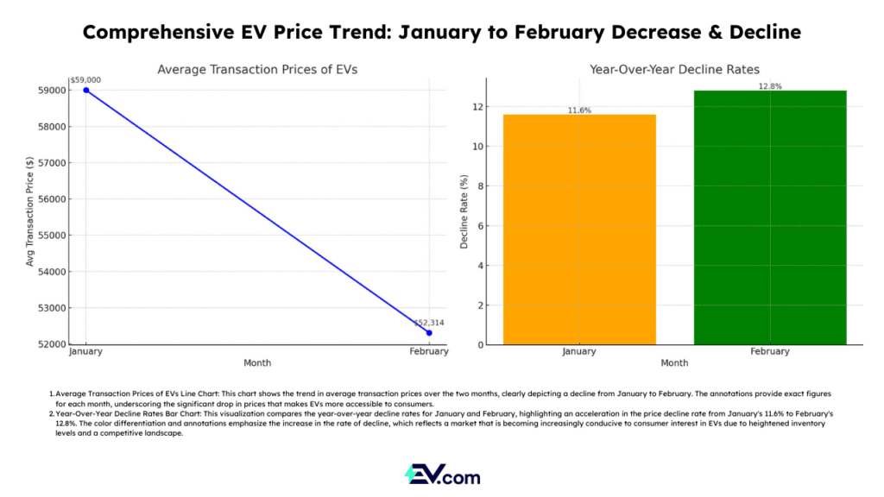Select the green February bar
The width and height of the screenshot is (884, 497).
pyautogui.click(x=770, y=217)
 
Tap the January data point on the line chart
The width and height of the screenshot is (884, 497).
pyautogui.click(x=86, y=90)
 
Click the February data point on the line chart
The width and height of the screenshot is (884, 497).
pyautogui.click(x=429, y=332)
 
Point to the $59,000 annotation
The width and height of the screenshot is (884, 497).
pyautogui.click(x=85, y=79)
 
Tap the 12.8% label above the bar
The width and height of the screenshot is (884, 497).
pyautogui.click(x=770, y=85)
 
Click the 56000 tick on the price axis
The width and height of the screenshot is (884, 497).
pyautogui.click(x=54, y=198)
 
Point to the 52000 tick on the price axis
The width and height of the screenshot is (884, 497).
pyautogui.click(x=54, y=344)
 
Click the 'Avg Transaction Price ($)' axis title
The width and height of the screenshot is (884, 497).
pyautogui.click(x=30, y=211)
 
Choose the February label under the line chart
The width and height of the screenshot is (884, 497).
pyautogui.click(x=429, y=351)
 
